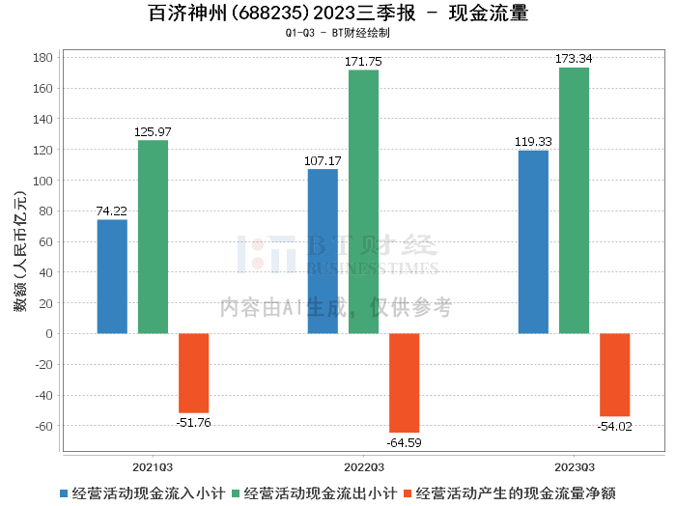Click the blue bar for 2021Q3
112,276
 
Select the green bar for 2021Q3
153,237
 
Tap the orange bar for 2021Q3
193,373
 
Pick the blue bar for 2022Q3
323,251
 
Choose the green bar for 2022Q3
363,202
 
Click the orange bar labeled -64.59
404,382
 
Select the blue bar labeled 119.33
533,241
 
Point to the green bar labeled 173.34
574,200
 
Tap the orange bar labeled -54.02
614,375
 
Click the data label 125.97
153,131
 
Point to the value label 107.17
323,160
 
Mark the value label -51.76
193,422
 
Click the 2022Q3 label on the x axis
363,465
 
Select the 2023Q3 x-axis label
574,465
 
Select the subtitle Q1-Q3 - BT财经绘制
337,33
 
